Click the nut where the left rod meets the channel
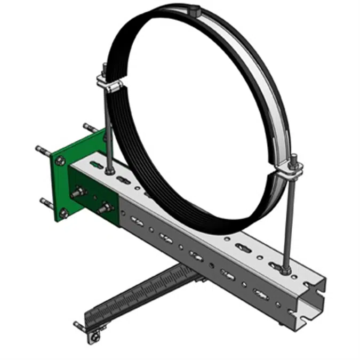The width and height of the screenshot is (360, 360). [x=109, y=171]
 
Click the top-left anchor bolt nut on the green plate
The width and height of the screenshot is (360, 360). [x=60, y=158]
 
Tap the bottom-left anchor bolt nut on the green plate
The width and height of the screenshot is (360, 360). [x=63, y=213]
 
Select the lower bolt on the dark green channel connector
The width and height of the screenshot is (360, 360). [x=104, y=208]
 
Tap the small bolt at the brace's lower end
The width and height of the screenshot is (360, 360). [x=94, y=336]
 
